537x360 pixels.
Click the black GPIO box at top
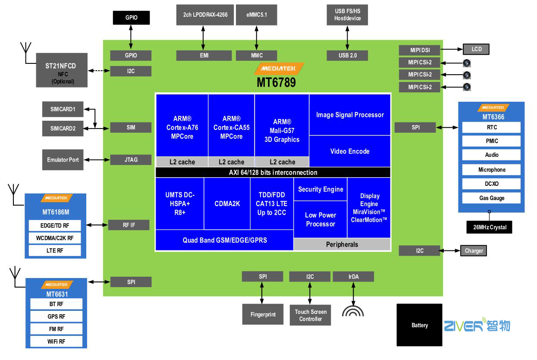click(131, 18)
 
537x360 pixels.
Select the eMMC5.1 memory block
click(256, 15)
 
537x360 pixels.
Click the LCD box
click(476, 49)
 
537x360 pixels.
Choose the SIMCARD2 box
click(63, 128)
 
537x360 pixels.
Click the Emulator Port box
click(63, 160)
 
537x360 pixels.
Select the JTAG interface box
click(131, 160)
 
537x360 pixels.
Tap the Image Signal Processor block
click(350, 115)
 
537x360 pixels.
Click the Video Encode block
click(350, 151)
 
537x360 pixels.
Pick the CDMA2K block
click(227, 203)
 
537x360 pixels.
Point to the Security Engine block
click(320, 189)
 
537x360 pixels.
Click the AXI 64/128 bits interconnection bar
click(273, 172)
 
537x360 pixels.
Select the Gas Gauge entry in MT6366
click(491, 198)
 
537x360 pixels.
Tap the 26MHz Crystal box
click(489, 227)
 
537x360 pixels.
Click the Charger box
click(474, 251)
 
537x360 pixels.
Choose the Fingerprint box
click(263, 315)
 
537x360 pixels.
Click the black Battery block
click(419, 325)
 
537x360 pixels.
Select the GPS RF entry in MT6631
click(56, 316)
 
